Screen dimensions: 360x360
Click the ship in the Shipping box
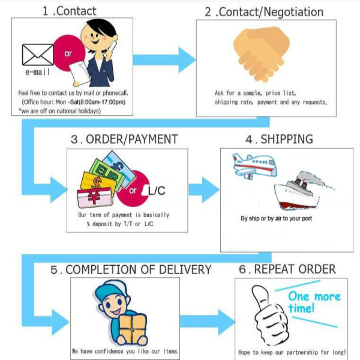click(300, 190)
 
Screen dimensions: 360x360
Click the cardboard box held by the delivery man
click(134, 328)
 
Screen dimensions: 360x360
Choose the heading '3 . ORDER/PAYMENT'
click(124, 139)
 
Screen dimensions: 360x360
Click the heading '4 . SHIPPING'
click(279, 139)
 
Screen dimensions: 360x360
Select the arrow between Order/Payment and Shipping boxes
click(204, 190)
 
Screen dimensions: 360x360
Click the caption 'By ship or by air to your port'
click(276, 218)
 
